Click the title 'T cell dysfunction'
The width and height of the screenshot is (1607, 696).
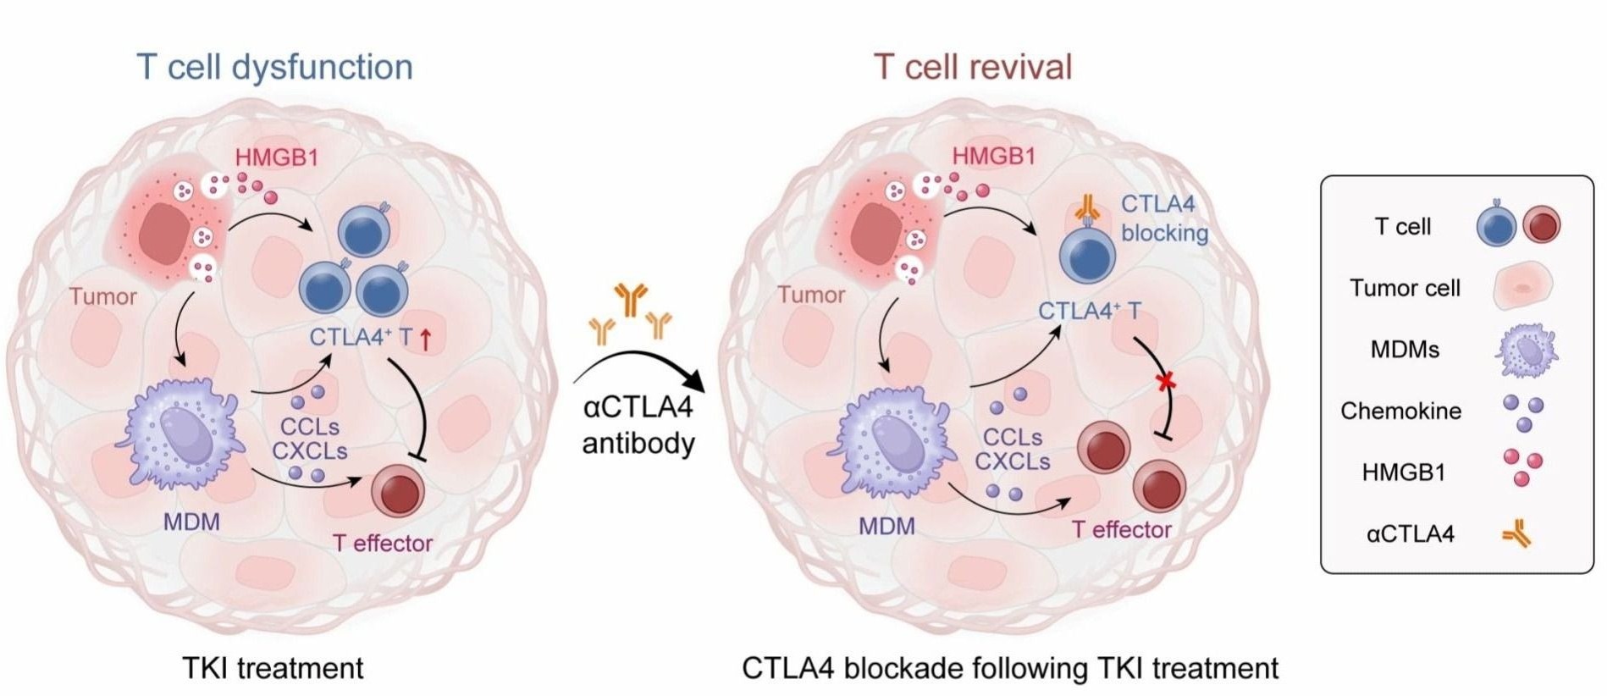[274, 67]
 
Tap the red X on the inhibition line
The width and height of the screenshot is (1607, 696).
[1168, 382]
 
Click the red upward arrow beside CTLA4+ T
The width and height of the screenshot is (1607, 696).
[426, 340]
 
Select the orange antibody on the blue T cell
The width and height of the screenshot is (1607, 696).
[1086, 207]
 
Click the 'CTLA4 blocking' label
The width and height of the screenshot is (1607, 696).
[1164, 218]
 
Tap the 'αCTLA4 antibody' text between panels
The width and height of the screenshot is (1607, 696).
[638, 425]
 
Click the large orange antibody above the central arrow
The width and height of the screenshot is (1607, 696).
[631, 298]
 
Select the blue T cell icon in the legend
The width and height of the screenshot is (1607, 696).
[1496, 227]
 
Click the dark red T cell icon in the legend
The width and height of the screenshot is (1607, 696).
[1541, 226]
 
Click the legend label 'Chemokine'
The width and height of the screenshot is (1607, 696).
[1400, 412]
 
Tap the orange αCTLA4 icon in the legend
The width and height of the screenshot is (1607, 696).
[1517, 534]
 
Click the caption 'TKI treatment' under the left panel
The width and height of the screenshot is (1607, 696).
[273, 668]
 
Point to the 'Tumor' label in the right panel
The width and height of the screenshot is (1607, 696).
[811, 296]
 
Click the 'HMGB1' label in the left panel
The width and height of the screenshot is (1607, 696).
[277, 157]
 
